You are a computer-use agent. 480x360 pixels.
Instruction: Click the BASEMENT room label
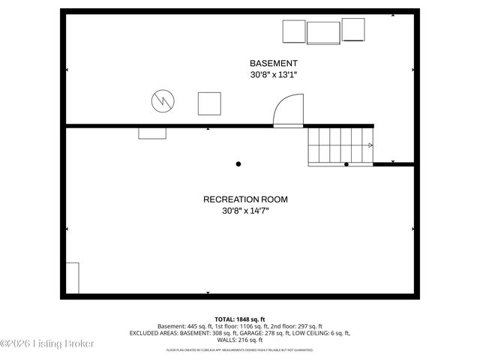pos(274,63)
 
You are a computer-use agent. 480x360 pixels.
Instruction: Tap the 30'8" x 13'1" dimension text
pos(274,75)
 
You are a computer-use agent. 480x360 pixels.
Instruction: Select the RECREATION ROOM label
pos(245,199)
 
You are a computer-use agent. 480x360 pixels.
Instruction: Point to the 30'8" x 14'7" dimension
pos(245,211)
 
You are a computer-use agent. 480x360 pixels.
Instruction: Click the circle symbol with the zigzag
pos(163,101)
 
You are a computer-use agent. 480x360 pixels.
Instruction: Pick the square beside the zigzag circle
pos(209,103)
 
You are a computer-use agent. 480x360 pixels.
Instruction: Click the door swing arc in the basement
pos(287,110)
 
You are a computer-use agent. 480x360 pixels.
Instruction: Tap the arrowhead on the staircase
pos(370,145)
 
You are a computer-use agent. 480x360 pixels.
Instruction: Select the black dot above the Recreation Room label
pos(238,163)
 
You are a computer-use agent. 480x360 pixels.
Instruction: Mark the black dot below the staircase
pos(346,163)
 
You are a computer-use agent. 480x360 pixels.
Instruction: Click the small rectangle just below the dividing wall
pos(152,133)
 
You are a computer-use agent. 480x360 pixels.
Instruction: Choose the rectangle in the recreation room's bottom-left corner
pos(73,277)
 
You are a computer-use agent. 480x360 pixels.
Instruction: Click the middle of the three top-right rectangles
pos(323,33)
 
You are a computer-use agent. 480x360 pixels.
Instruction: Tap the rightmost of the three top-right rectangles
pos(353,30)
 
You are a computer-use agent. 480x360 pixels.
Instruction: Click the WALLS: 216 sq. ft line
pos(239,340)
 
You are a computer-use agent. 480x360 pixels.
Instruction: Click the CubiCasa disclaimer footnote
pos(239,349)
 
